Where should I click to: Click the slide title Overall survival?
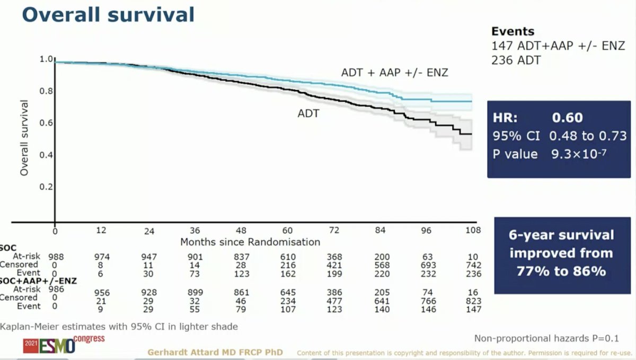(108, 15)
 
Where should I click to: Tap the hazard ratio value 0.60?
(567, 118)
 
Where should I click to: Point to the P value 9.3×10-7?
(579, 154)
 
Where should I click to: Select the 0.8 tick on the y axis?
(46, 91)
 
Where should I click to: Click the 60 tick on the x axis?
(287, 230)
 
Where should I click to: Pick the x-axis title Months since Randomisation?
(250, 242)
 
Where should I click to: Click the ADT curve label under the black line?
(308, 113)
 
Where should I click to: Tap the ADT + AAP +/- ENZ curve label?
(394, 73)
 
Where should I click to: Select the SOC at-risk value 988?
(56, 257)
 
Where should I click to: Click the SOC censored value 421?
(334, 265)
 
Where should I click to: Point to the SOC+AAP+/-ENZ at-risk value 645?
(288, 292)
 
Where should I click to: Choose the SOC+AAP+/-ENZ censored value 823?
(473, 301)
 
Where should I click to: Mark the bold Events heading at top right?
(513, 31)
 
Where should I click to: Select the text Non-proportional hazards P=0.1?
(546, 338)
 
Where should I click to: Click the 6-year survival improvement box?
(562, 256)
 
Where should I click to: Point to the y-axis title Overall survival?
(24, 138)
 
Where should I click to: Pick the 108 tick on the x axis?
(473, 230)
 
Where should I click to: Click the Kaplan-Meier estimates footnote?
(119, 327)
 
